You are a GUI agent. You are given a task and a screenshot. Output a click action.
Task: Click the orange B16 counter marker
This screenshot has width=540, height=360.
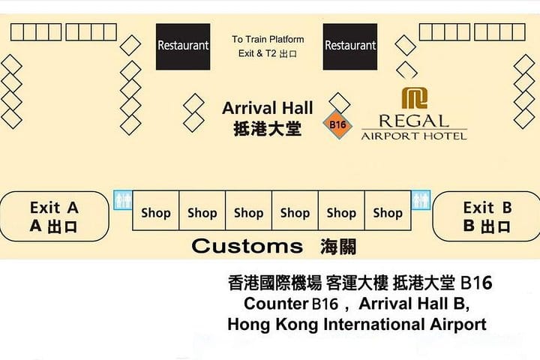tap(337, 124)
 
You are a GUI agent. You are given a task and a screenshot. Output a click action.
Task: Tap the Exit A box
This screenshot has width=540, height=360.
tap(54, 216)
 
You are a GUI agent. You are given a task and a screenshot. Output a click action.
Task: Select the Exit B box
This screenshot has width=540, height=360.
tap(486, 216)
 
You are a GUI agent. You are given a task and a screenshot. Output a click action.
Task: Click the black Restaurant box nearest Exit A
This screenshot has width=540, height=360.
tap(183, 46)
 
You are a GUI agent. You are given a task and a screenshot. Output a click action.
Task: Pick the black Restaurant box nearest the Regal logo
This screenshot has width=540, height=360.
tap(350, 46)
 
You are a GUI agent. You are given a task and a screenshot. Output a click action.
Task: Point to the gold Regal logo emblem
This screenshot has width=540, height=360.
tap(415, 97)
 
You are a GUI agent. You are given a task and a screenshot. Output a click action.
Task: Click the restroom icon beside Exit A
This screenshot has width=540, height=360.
tap(123, 199)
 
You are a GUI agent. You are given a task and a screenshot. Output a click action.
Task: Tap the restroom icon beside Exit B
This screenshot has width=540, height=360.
tap(421, 199)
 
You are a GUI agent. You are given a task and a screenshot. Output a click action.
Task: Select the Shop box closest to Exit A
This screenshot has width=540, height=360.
tap(156, 211)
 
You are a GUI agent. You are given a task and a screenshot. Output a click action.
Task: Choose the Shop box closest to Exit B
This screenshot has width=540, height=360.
tap(388, 211)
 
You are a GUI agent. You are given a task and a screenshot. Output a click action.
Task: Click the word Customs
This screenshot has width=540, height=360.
tap(247, 246)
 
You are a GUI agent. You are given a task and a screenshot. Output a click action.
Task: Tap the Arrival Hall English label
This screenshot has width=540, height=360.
tap(268, 108)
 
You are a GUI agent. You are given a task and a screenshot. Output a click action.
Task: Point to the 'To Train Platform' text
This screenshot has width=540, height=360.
tap(268, 39)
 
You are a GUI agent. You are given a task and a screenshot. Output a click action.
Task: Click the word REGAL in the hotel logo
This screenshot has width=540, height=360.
tap(414, 121)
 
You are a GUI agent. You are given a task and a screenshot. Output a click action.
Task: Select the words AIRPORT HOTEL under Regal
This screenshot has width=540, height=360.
tap(414, 136)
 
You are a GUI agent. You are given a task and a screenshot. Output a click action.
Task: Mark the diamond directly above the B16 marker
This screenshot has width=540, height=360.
tap(340, 103)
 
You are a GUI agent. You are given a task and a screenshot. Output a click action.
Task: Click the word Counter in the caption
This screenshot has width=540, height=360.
tap(276, 304)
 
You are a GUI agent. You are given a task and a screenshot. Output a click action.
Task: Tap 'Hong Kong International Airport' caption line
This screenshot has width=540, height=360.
tap(357, 325)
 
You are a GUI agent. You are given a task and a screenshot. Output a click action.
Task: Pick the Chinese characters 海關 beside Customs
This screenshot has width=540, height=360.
tap(338, 247)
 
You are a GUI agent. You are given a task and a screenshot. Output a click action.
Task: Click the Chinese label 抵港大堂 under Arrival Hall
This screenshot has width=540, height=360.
tap(268, 129)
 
